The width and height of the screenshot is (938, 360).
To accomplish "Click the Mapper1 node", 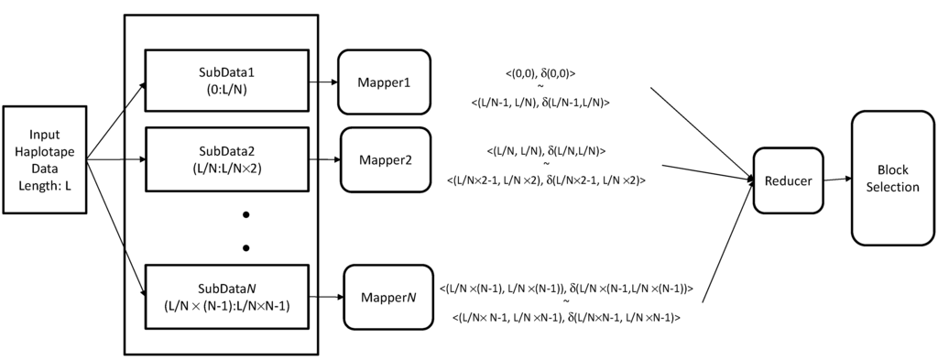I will click(383, 82).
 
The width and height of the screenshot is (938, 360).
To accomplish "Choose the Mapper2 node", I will click(385, 159).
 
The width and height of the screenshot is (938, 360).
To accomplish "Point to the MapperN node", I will click(387, 298).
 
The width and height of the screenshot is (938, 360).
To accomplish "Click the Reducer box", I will click(788, 180).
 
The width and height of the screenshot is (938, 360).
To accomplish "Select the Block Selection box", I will click(885, 179).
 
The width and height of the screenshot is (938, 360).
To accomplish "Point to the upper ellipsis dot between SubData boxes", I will click(245, 214).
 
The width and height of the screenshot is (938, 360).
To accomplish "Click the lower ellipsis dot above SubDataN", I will click(245, 247).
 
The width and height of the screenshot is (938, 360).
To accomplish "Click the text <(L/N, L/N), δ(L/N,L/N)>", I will click(546, 149).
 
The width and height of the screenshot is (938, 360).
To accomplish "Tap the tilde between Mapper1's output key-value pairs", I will click(540, 87).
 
